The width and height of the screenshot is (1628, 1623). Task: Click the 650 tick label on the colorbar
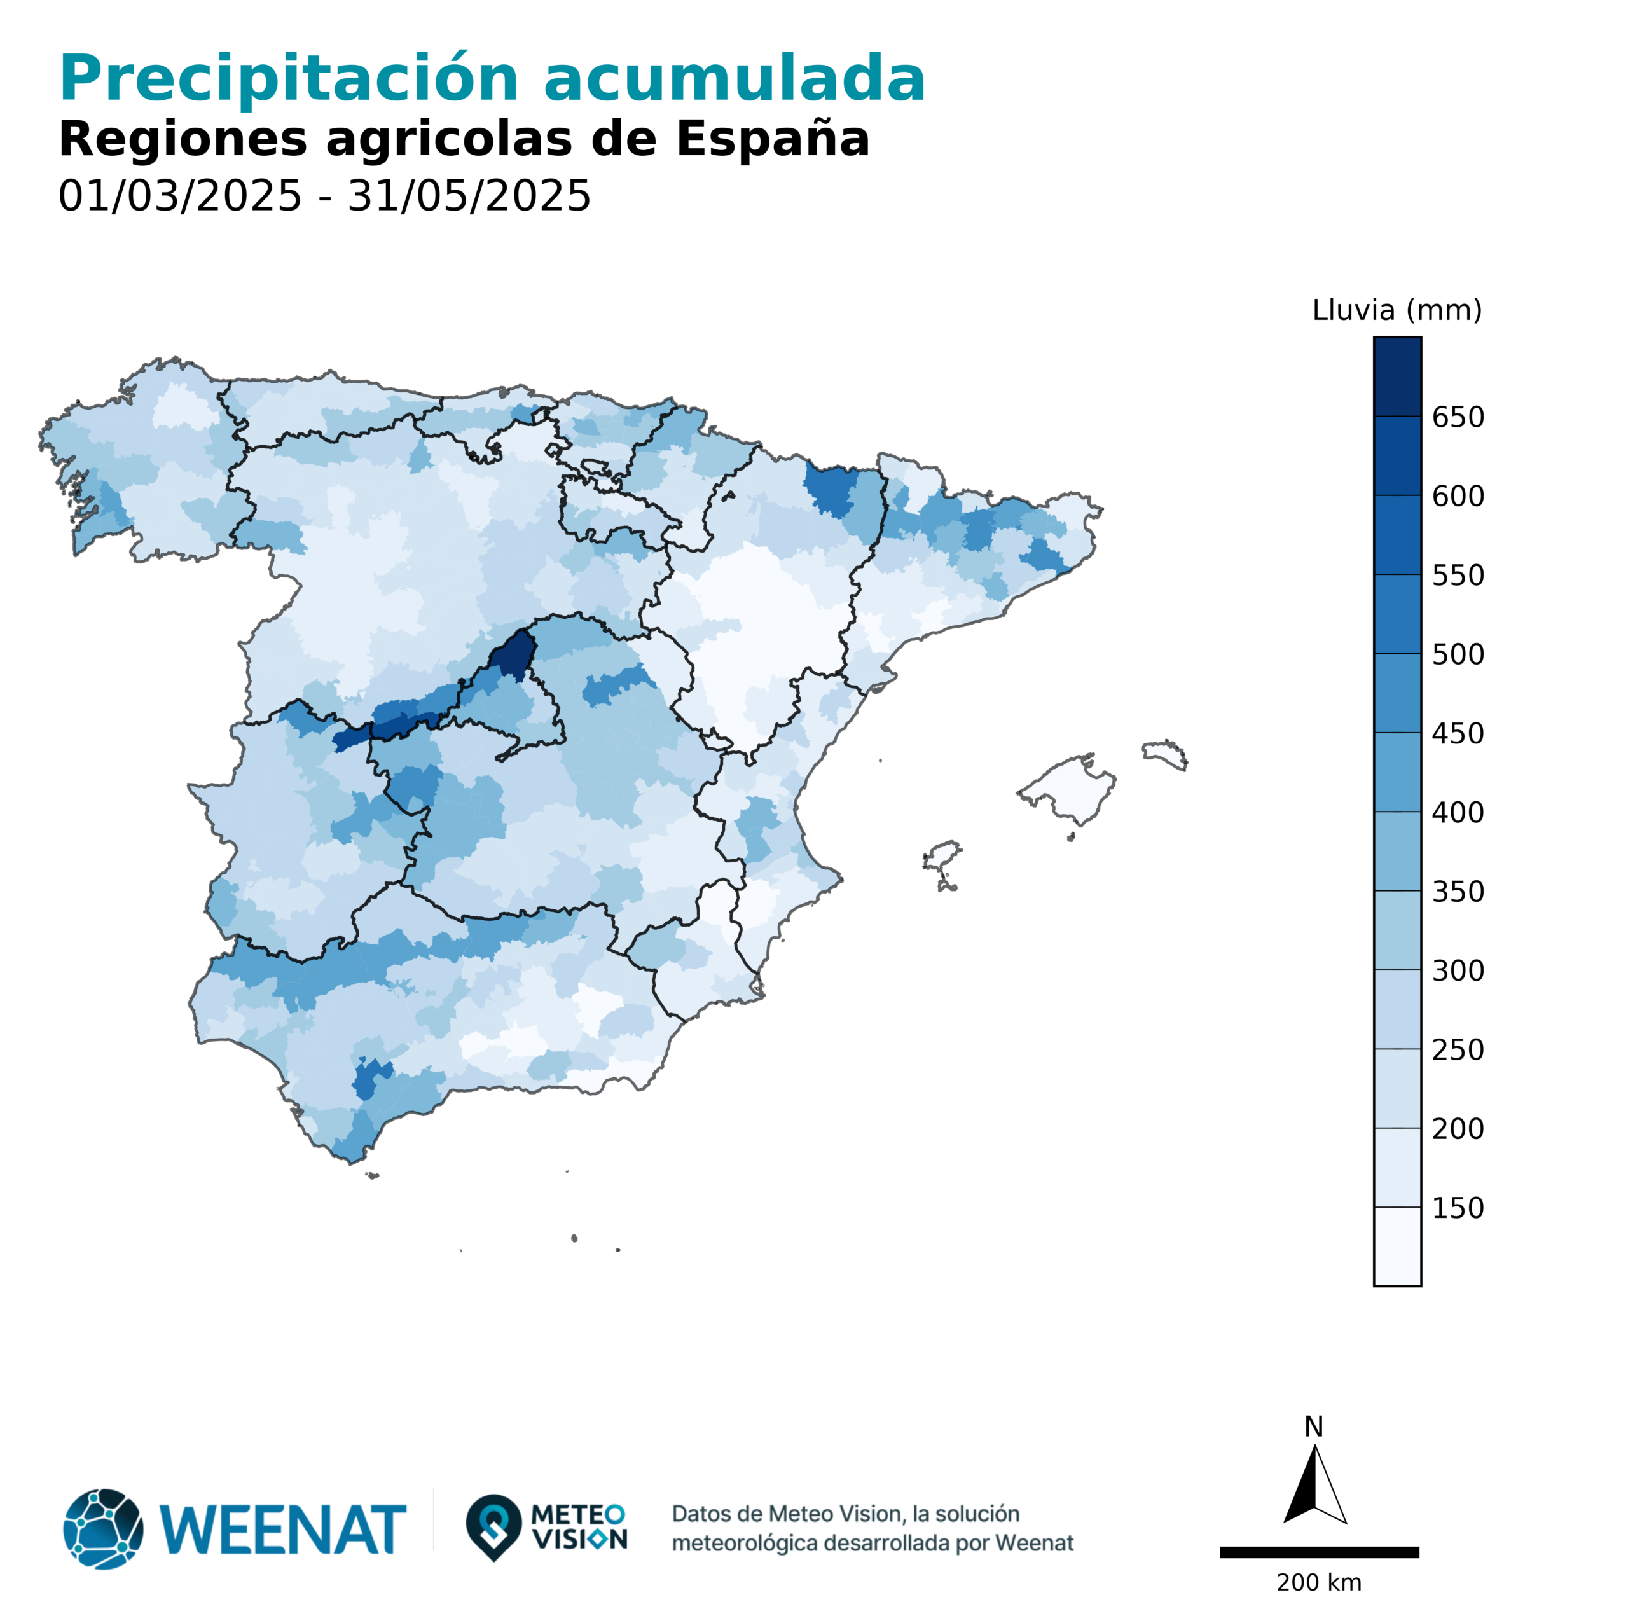[1457, 417]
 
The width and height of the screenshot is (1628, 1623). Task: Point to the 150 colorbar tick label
[1457, 1208]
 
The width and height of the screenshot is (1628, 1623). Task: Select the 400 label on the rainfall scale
[1457, 812]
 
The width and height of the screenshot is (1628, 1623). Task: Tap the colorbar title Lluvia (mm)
[1397, 310]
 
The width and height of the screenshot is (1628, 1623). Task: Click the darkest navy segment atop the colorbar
[1397, 376]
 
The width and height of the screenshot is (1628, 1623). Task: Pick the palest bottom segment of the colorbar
[1397, 1247]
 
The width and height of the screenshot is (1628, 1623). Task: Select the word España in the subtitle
[772, 139]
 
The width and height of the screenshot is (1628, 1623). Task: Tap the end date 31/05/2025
[469, 197]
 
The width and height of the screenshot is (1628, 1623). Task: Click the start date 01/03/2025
[179, 197]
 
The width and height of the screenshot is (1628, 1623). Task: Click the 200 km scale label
[1319, 1582]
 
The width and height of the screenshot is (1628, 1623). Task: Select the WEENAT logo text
[282, 1530]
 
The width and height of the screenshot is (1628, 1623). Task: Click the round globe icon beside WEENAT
[103, 1529]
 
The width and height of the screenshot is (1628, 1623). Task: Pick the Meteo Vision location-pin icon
[493, 1526]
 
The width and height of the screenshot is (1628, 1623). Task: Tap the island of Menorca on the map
[1166, 752]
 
